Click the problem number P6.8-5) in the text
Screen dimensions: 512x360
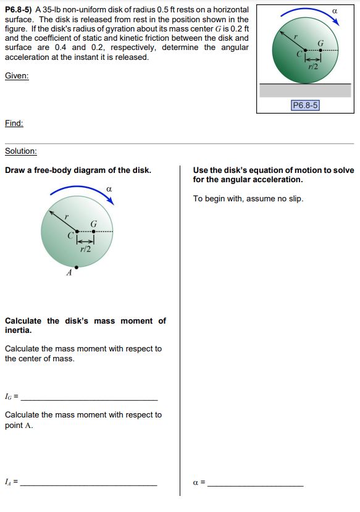[x=19, y=10]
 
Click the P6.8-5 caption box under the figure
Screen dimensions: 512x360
[x=305, y=106]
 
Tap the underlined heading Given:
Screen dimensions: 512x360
[x=17, y=75]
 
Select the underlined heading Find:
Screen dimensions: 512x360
[x=14, y=123]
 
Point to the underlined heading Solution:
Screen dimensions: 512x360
[x=21, y=151]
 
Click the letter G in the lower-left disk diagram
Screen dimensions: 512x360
[x=93, y=223]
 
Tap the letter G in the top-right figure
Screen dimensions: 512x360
[x=320, y=43]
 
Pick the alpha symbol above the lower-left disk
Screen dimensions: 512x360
[x=109, y=188]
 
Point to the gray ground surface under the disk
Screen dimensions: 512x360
[x=305, y=90]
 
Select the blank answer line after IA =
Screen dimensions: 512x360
[x=90, y=484]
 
